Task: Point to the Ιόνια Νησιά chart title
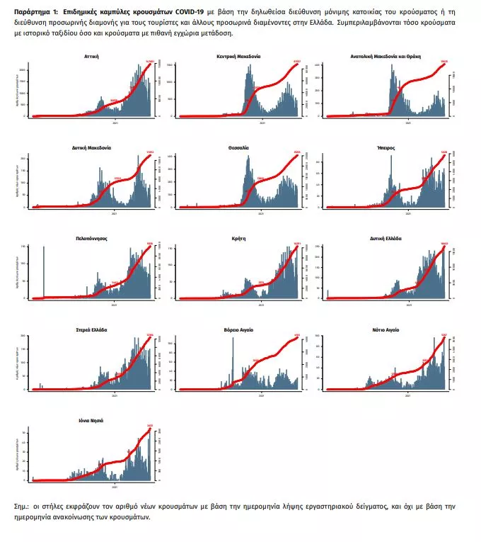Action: (91, 420)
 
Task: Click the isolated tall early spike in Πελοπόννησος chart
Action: (44, 272)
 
